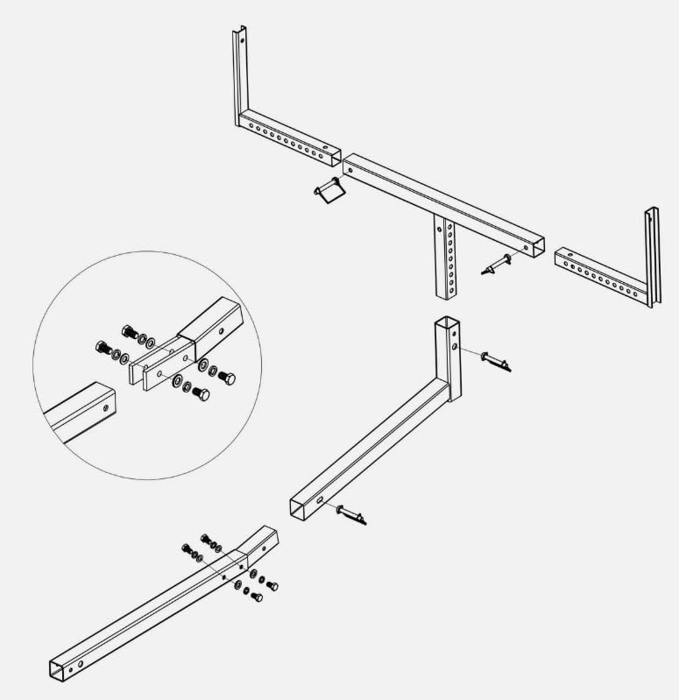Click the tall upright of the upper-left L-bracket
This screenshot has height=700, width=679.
click(x=239, y=70)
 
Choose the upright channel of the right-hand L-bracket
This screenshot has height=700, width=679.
click(x=652, y=257)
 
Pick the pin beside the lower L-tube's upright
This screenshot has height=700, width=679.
click(x=495, y=359)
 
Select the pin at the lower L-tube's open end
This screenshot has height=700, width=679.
click(x=350, y=514)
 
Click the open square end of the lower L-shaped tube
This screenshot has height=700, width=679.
click(x=299, y=507)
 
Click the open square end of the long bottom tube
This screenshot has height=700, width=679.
click(x=58, y=668)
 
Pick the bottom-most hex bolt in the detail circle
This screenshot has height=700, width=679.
click(x=199, y=394)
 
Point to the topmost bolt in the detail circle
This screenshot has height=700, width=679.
click(x=128, y=331)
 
